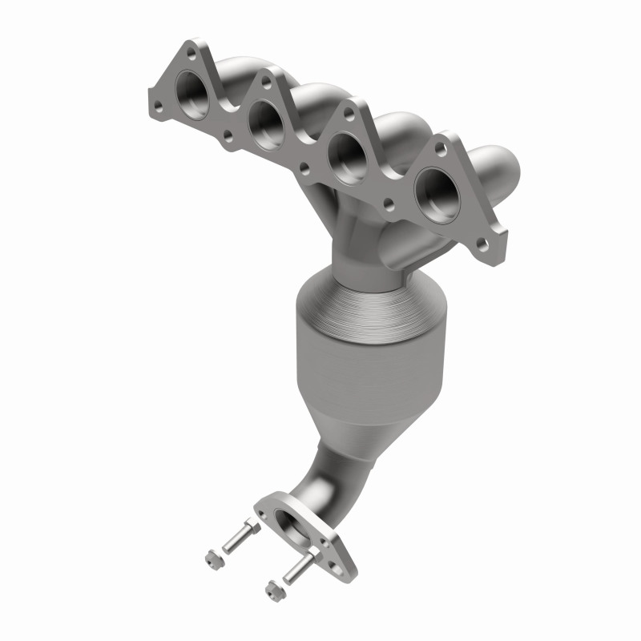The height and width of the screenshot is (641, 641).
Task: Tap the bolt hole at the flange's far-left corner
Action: click(157, 104)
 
